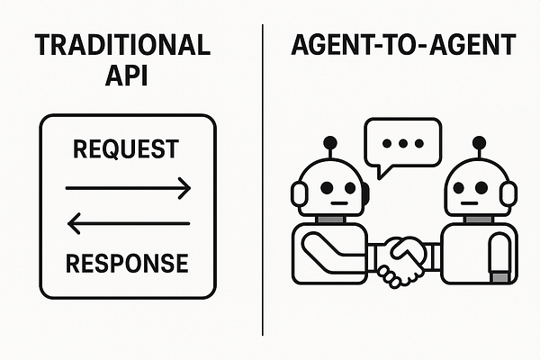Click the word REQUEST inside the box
pos(127,149)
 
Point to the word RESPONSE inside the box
pos(127,263)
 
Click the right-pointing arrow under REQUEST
pos(128,188)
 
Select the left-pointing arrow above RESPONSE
pos(128,222)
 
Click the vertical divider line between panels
pos(262,180)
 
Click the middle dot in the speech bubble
pos(401,143)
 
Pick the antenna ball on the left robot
pos(330,141)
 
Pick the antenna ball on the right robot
pos(475,141)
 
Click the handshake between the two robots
pos(401,259)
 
